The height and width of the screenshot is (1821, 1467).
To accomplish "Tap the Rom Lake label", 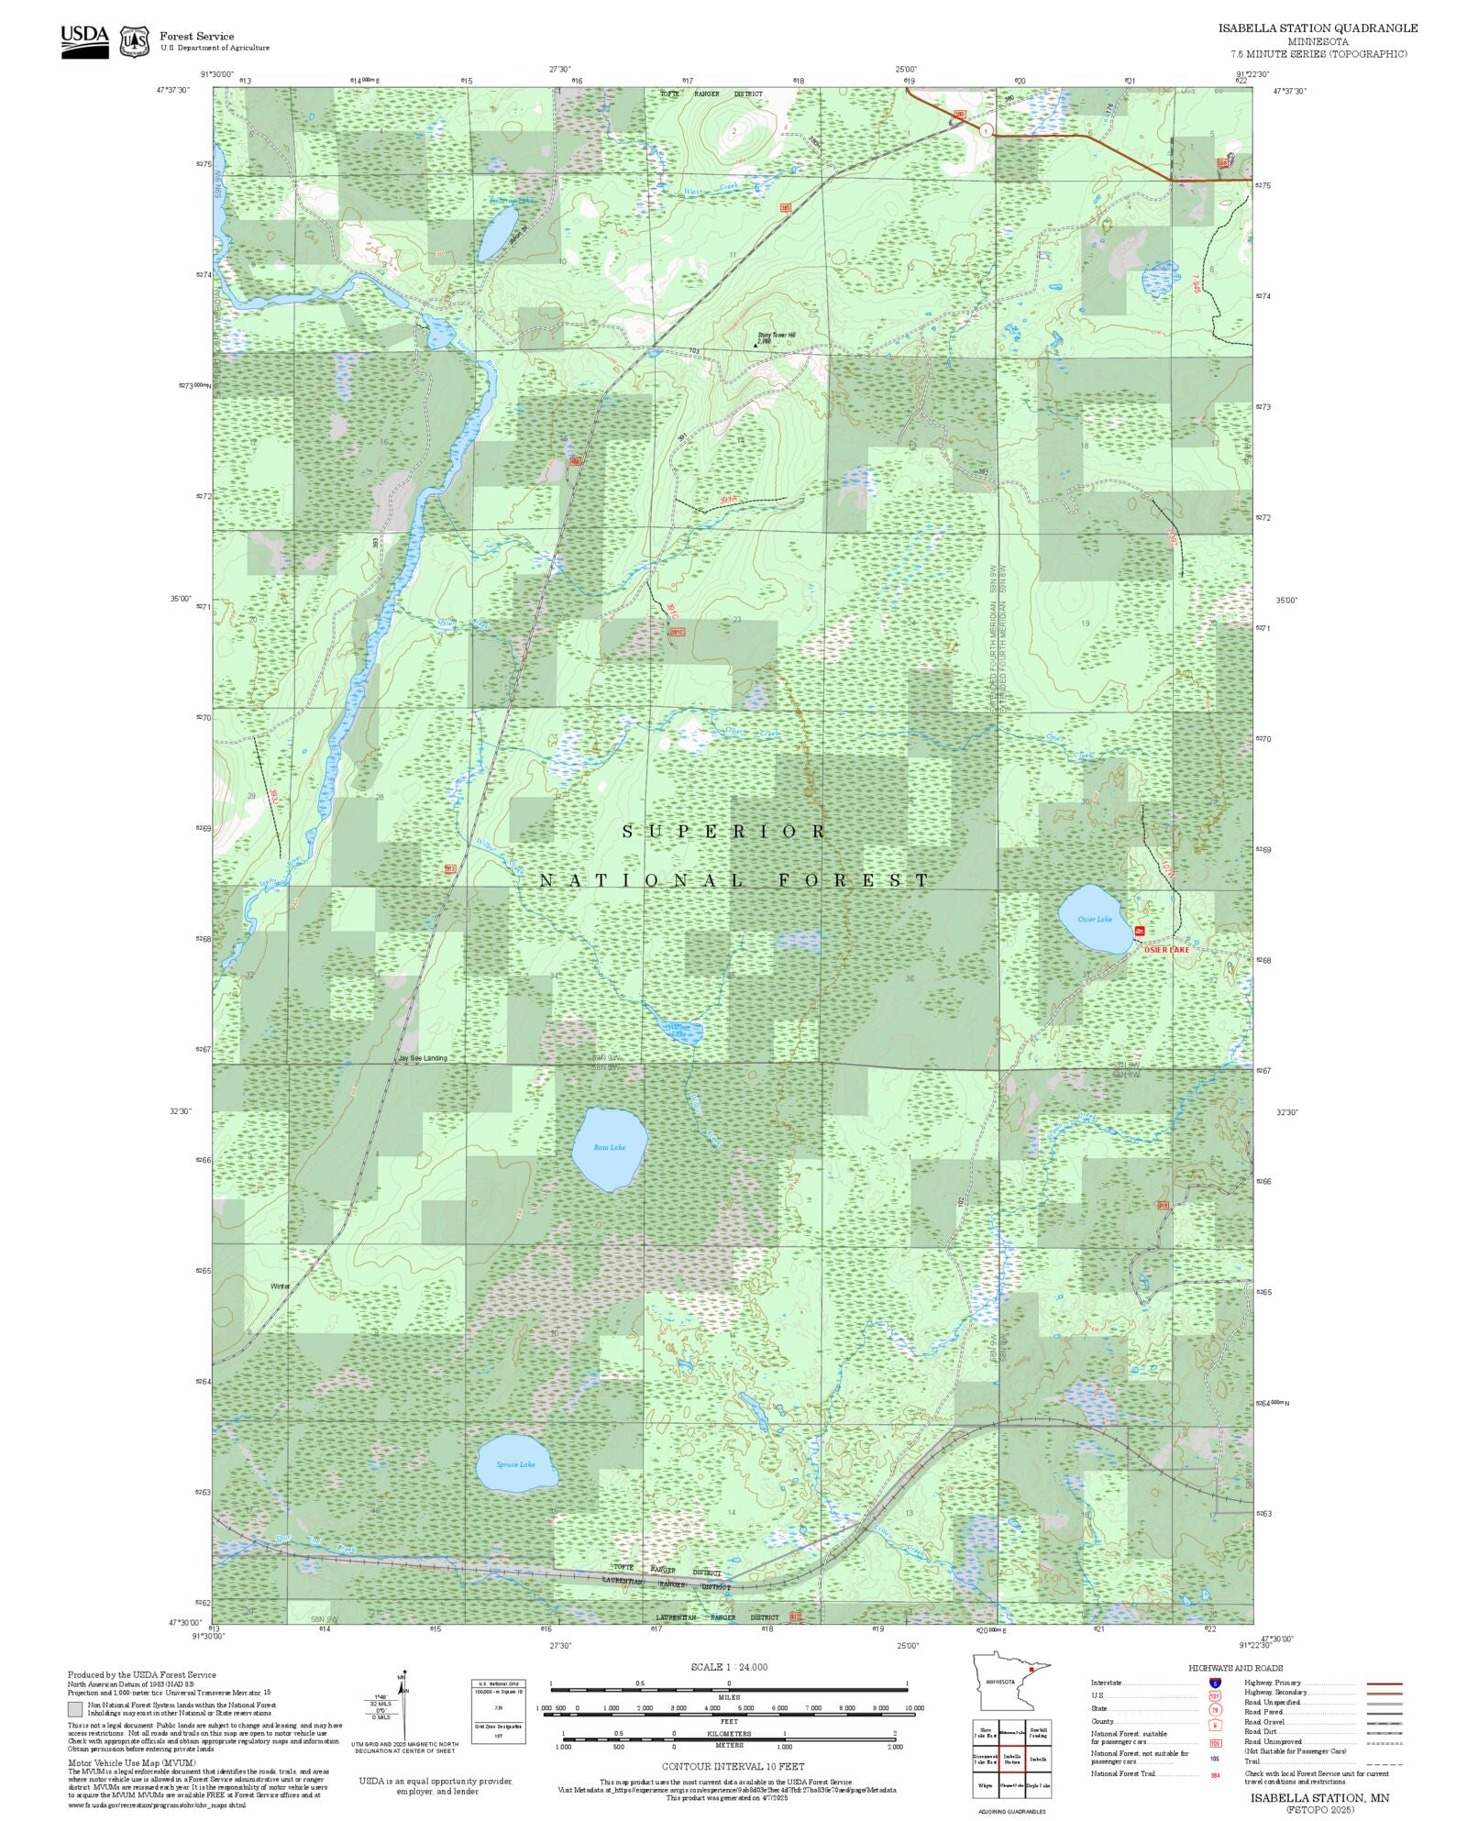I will pyautogui.click(x=610, y=1147).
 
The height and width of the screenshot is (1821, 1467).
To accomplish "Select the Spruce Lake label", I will pyautogui.click(x=515, y=1464).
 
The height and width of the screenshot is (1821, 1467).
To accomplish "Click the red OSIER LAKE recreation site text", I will pyautogui.click(x=1166, y=950).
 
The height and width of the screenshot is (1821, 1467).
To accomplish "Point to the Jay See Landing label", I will pyautogui.click(x=423, y=1058).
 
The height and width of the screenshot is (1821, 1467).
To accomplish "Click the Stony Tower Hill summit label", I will pyautogui.click(x=776, y=336).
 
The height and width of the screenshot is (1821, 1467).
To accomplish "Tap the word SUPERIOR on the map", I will pyautogui.click(x=724, y=832).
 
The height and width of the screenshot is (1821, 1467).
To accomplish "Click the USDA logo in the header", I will pyautogui.click(x=84, y=41).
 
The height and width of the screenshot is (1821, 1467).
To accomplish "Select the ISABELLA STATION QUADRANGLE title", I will pyautogui.click(x=1318, y=28).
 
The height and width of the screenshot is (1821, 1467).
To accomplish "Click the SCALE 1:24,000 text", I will pyautogui.click(x=729, y=1667).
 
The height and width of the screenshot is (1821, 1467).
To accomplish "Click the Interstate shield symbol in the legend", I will pyautogui.click(x=1215, y=1683).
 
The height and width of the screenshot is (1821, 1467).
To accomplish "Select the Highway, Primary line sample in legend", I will pyautogui.click(x=1384, y=1683).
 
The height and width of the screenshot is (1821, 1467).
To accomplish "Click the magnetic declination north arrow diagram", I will pyautogui.click(x=403, y=1707).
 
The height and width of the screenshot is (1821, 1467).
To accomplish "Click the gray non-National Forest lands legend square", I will pyautogui.click(x=74, y=1709).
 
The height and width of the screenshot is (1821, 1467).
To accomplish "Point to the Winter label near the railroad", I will pyautogui.click(x=280, y=1286).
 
